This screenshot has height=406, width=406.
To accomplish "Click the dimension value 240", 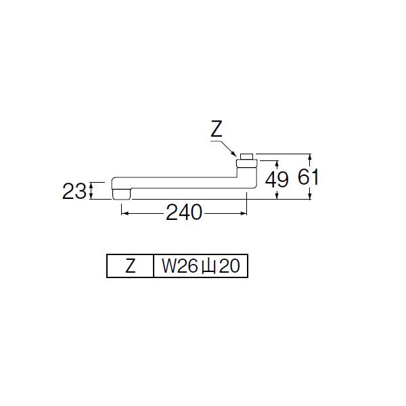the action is pyautogui.click(x=183, y=212).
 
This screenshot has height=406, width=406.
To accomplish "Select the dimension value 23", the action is pyautogui.click(x=74, y=191).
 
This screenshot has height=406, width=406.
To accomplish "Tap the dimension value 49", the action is pyautogui.click(x=277, y=179).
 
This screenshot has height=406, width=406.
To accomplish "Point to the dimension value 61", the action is pyautogui.click(x=308, y=177).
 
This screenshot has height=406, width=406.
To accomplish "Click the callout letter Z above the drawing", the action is pyautogui.click(x=217, y=129).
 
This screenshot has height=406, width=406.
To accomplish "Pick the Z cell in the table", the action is pyautogui.click(x=130, y=266).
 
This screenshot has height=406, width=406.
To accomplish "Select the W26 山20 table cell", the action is pyautogui.click(x=201, y=266).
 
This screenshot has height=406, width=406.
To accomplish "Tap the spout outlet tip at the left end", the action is pyautogui.click(x=122, y=194).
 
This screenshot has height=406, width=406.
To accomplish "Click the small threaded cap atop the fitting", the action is pyautogui.click(x=246, y=157).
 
